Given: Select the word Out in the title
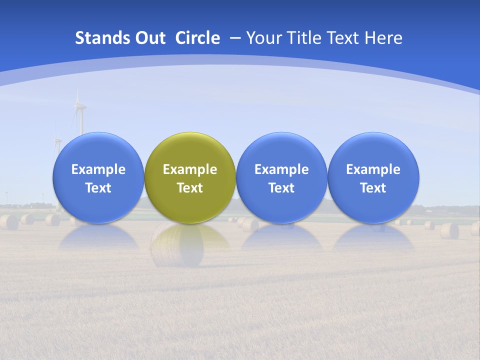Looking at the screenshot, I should coord(149,38).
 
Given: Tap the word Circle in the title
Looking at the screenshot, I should coord(197,38).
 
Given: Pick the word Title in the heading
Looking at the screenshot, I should coord(304,38).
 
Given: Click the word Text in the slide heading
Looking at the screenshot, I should coord(344,38).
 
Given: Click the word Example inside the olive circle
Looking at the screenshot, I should coord(190,169).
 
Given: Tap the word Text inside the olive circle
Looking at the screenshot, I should coord(190,188).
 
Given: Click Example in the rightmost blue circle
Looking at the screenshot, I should coord(373,169).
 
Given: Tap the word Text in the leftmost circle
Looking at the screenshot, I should coord(98,188).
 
